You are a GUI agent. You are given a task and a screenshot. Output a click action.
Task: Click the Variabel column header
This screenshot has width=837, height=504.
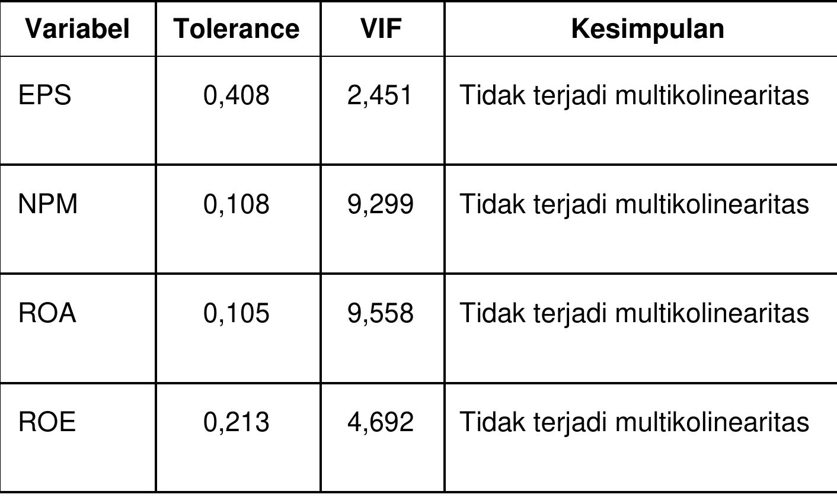[x=77, y=28]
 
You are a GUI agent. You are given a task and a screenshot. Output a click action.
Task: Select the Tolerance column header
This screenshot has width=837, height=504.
[x=237, y=28]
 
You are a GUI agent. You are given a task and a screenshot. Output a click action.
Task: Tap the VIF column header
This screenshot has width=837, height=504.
[x=381, y=28]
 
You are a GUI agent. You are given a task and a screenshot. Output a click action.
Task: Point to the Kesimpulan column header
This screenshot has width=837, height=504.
[x=647, y=28]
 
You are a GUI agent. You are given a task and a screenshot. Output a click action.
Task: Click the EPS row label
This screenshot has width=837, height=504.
[x=44, y=95]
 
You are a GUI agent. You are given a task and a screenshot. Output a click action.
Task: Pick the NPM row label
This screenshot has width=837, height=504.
[x=48, y=204]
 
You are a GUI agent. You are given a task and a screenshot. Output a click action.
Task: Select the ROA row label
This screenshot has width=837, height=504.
[x=47, y=313]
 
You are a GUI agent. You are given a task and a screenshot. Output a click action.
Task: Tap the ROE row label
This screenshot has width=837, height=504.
[x=47, y=422]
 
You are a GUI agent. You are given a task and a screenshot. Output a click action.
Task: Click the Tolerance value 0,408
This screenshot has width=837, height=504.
[x=236, y=95]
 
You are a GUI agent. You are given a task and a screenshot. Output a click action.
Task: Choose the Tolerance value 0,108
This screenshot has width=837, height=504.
[x=236, y=204]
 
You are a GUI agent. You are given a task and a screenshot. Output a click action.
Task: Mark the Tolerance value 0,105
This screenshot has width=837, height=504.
[x=236, y=313]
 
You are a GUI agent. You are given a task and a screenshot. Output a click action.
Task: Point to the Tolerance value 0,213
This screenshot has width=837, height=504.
[x=236, y=422]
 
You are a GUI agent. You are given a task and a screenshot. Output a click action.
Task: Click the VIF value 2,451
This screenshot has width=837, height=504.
[x=380, y=95]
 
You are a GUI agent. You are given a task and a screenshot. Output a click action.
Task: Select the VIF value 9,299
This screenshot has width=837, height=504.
[x=380, y=204]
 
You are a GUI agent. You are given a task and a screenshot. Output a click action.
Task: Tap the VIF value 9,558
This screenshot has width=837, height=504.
[x=380, y=313]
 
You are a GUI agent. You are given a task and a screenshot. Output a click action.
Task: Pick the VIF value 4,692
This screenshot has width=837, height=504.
[x=380, y=422]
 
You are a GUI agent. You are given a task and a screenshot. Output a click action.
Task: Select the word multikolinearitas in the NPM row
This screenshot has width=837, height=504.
[x=711, y=204]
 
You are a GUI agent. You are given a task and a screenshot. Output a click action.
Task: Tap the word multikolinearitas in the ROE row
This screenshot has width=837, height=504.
[x=711, y=422]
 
